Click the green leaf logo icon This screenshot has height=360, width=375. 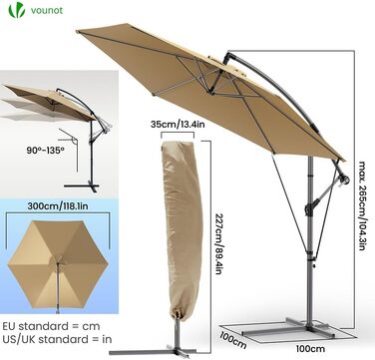click(x=17, y=10)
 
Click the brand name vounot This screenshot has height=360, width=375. click(x=47, y=10)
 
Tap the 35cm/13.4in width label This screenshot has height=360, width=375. click(x=178, y=125)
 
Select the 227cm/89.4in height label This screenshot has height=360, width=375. click(x=218, y=243)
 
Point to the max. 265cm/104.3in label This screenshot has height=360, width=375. click(x=362, y=205)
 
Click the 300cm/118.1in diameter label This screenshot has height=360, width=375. click(x=58, y=205)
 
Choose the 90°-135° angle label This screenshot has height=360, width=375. click(x=45, y=150)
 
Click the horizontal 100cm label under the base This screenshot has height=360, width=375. click(x=310, y=348)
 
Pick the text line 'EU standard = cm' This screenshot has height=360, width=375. click(x=51, y=326)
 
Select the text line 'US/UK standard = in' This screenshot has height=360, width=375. click(x=57, y=339)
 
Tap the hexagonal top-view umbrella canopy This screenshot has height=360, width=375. click(x=58, y=264)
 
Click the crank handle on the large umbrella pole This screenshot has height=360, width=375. click(x=344, y=180)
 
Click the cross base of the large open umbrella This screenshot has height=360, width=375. click(x=288, y=328)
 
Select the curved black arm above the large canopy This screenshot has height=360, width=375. click(x=275, y=86)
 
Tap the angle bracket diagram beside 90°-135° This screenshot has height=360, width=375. click(x=71, y=147)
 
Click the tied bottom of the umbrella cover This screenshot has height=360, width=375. click(x=177, y=314)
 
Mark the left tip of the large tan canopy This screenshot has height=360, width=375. click(x=77, y=31)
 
